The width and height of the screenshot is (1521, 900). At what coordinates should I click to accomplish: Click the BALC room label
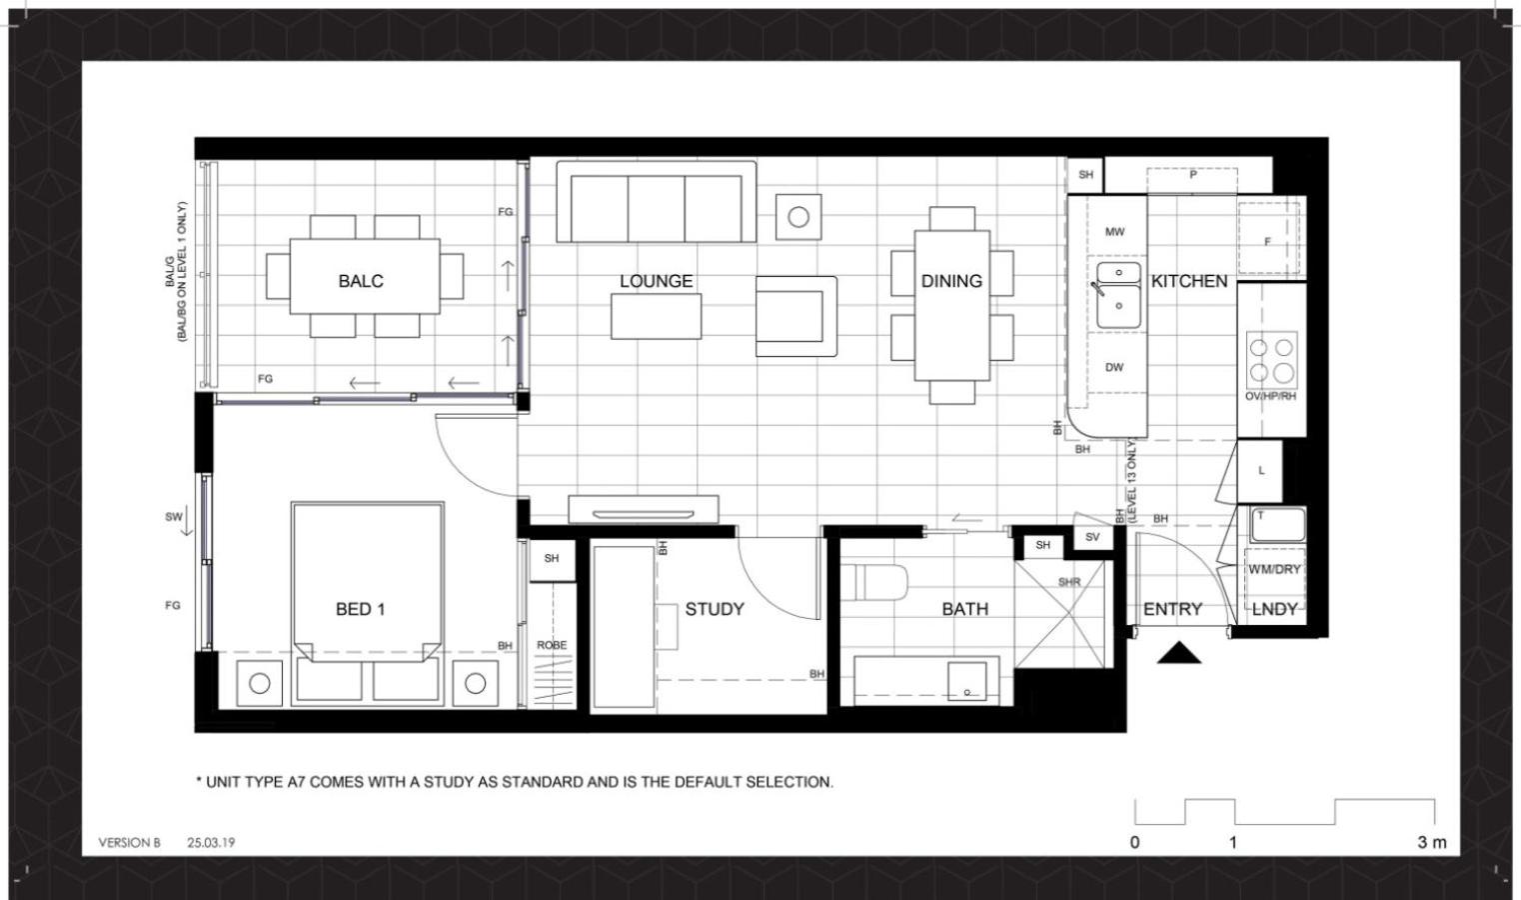361,281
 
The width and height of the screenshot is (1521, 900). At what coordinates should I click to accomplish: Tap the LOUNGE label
656,281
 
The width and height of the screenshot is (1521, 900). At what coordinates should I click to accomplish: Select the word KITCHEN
1189,281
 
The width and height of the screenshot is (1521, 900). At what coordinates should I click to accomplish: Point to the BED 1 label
361,609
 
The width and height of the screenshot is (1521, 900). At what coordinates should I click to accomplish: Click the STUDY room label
715,609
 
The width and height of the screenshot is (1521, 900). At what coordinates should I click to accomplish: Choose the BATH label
965,609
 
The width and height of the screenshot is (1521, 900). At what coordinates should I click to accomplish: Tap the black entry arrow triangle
1179,653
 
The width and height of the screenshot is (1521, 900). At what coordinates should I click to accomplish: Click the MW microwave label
1114,232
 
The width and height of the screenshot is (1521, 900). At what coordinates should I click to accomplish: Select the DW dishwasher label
1114,367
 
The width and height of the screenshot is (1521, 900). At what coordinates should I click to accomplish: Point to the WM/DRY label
1274,569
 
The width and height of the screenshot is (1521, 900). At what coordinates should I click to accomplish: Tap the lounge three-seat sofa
656,202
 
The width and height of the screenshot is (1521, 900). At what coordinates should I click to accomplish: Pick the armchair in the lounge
796,316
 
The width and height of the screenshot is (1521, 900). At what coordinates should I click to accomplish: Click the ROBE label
552,645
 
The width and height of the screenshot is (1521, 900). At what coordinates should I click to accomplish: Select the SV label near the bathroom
1092,537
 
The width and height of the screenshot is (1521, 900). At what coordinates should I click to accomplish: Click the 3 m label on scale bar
1431,842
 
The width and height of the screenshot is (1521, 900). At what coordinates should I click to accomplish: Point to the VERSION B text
129,842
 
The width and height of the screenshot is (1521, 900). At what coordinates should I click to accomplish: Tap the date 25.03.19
211,842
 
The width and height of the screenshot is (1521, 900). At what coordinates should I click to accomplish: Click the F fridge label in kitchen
1267,241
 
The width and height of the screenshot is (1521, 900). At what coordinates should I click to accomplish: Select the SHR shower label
1068,581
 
